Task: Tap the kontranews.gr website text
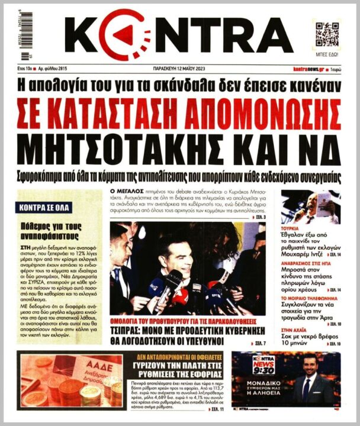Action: pyautogui.click(x=310, y=70)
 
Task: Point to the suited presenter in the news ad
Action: pyautogui.click(x=308, y=382)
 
